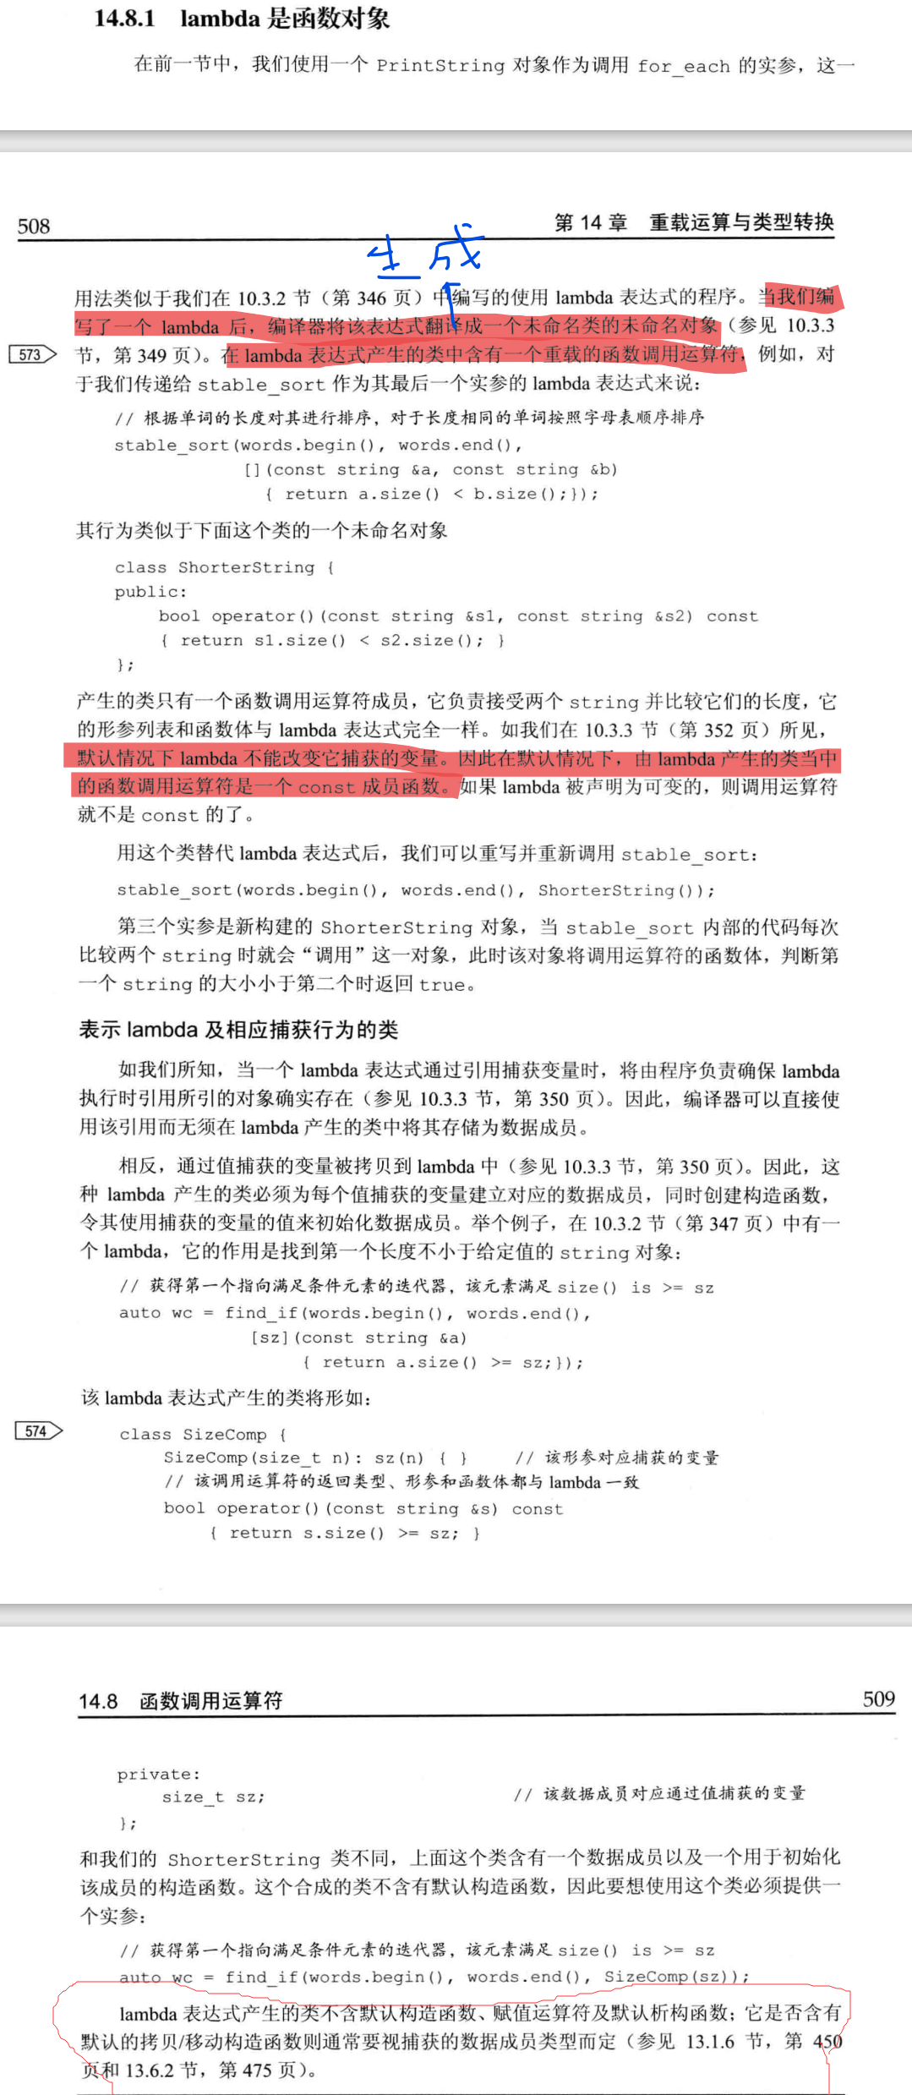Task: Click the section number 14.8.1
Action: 124,19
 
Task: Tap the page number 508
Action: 34,227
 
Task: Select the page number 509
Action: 878,1699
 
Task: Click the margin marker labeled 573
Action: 31,354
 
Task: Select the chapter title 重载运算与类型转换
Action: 741,222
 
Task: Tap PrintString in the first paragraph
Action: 440,65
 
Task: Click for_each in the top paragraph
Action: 683,66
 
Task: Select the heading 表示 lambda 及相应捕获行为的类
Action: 238,1030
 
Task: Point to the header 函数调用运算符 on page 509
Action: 211,1701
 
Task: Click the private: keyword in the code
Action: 158,1774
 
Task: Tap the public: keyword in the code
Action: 150,592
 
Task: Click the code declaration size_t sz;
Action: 213,1797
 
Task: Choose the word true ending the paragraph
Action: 442,984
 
